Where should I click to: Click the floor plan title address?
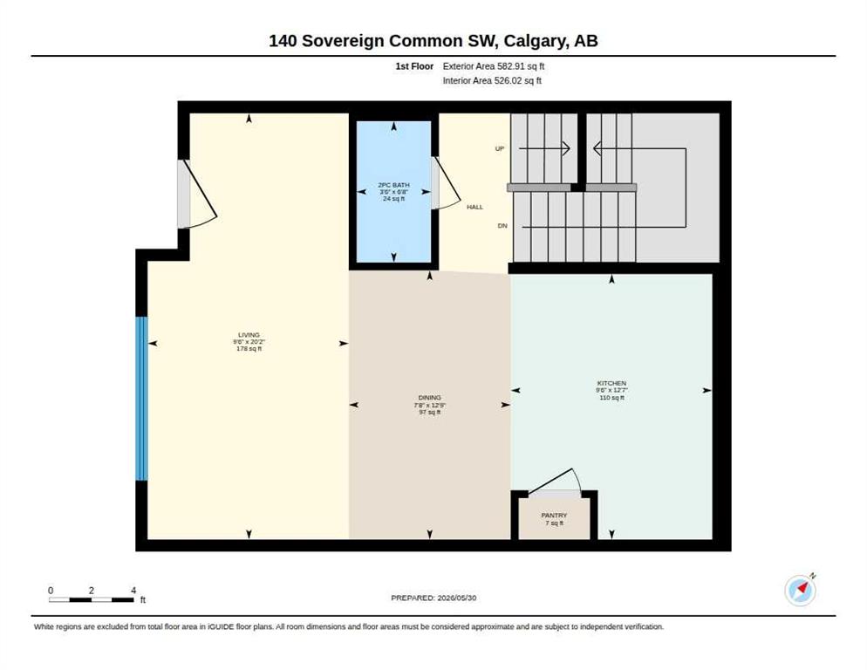click(433, 41)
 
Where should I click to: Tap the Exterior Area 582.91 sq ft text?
click(493, 66)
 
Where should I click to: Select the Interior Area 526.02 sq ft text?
click(492, 81)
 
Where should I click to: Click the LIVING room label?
click(249, 335)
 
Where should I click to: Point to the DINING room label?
click(430, 397)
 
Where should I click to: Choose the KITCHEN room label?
click(611, 383)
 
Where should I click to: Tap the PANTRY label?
click(554, 515)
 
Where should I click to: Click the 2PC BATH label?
click(393, 185)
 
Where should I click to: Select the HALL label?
click(475, 207)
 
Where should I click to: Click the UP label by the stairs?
click(500, 149)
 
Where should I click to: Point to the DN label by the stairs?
click(502, 226)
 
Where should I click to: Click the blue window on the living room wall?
click(142, 399)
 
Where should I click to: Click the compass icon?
click(800, 591)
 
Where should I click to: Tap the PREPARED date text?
click(433, 598)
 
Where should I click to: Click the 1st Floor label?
click(414, 66)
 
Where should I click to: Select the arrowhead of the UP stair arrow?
click(566, 148)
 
